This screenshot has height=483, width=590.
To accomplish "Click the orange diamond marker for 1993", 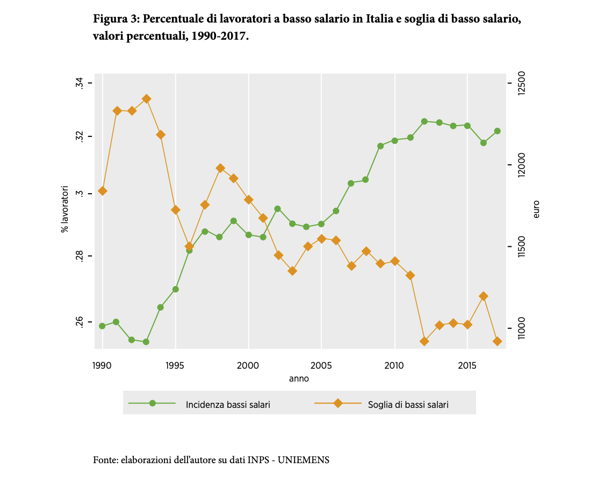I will [146, 99].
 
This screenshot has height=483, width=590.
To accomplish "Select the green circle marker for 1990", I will [102, 326].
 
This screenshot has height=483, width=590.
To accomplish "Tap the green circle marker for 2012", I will [424, 121].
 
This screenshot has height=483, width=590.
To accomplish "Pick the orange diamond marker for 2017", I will [497, 341].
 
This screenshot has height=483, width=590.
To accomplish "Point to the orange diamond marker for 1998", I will [220, 168].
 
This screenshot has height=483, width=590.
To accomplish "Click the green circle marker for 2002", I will [277, 209].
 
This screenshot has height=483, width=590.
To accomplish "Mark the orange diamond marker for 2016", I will [483, 296].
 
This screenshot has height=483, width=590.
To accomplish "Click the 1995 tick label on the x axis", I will [175, 365].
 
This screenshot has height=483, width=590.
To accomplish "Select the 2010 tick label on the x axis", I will [394, 365].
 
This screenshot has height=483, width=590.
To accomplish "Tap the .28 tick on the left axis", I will [80, 256].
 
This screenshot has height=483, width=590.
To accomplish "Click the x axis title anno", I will [299, 378].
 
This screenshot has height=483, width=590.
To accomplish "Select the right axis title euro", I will [536, 209].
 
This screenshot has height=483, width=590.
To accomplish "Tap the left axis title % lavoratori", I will [65, 209].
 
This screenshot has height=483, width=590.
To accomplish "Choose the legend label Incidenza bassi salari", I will [228, 405].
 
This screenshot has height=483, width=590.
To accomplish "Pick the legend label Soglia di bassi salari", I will [408, 405].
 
